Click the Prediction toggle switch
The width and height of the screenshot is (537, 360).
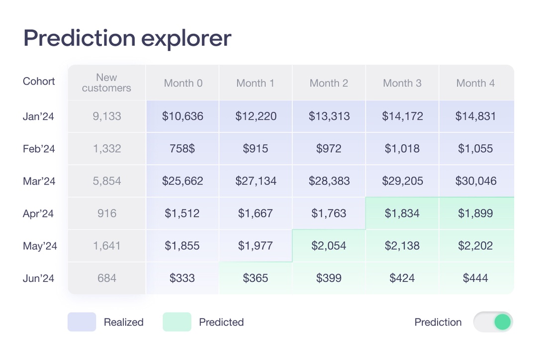pos(493,322)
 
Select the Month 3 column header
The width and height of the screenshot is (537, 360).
pos(402,83)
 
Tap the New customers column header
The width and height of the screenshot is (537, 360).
pos(106,83)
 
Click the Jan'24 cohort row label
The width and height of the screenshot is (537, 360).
pos(38,116)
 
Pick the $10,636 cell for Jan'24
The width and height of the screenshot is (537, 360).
pos(182,116)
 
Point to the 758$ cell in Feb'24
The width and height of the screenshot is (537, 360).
pos(182,149)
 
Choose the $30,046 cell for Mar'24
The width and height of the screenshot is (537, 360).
pos(476,181)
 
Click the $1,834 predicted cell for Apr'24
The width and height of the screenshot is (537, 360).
pos(402,213)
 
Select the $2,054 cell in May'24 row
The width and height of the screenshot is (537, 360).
pos(329,246)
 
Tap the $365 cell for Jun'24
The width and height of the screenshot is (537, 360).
pos(256,278)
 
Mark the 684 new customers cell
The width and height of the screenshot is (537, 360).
pos(106,278)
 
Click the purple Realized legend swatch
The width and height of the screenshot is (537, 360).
pos(82,322)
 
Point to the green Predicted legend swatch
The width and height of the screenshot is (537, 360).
pos(177,322)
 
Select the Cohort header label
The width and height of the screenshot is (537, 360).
pos(39,82)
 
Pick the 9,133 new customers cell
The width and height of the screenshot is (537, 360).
pos(106,116)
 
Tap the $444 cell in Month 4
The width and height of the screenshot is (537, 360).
pos(476,278)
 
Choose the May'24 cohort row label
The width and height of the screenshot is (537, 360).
pos(40,246)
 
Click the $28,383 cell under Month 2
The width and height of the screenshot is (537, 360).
pos(329,181)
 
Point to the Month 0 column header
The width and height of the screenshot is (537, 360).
pos(183,83)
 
